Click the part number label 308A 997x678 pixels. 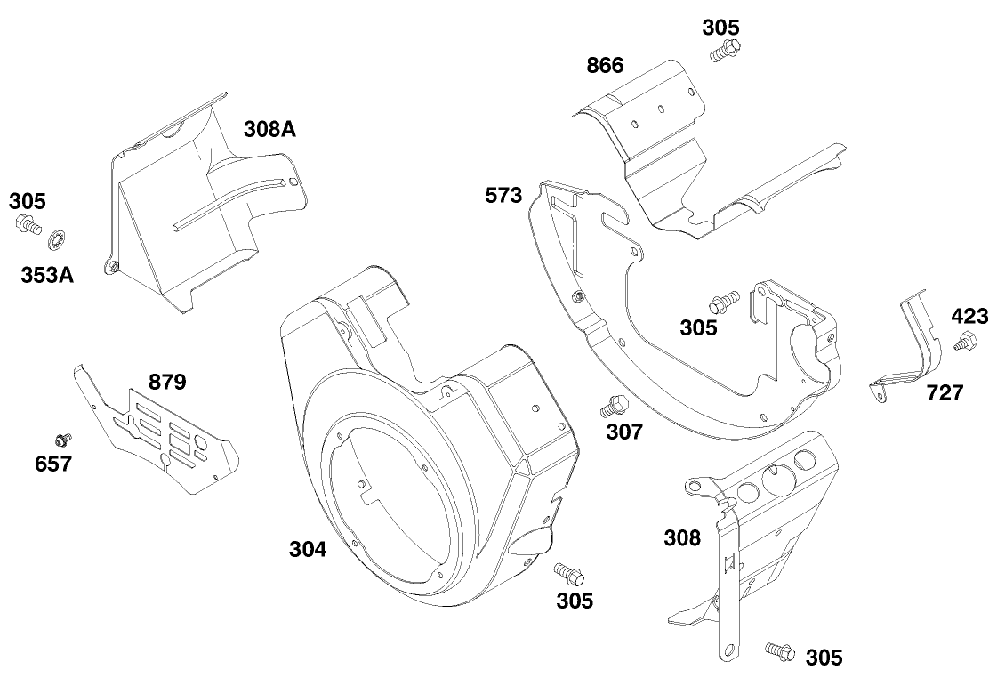pyautogui.click(x=269, y=129)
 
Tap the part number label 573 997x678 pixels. pyautogui.click(x=503, y=196)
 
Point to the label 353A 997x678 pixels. pyautogui.click(x=47, y=273)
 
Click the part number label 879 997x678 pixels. pyautogui.click(x=167, y=383)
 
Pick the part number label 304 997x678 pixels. pyautogui.click(x=307, y=549)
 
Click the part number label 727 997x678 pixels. pyautogui.click(x=944, y=392)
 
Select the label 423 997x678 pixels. pyautogui.click(x=969, y=316)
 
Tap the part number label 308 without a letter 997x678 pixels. pyautogui.click(x=682, y=537)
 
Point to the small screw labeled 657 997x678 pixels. pyautogui.click(x=63, y=439)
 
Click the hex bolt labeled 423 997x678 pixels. pyautogui.click(x=965, y=341)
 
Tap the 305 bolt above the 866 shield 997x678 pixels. pyautogui.click(x=725, y=50)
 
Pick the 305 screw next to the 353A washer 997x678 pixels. pyautogui.click(x=28, y=226)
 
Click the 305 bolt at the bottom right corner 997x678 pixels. pyautogui.click(x=777, y=650)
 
